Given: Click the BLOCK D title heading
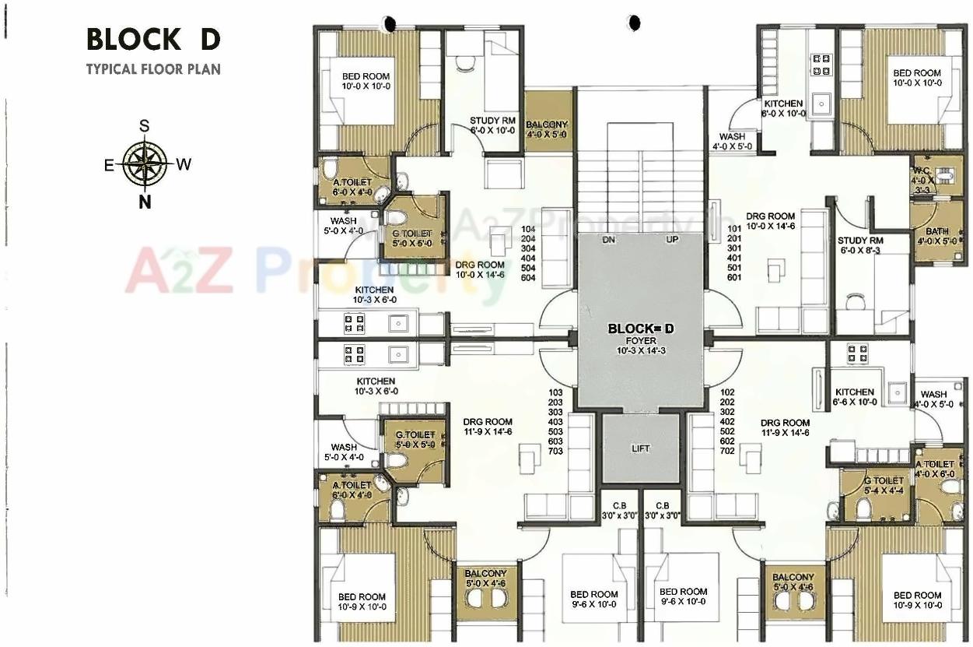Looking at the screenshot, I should pyautogui.click(x=153, y=39).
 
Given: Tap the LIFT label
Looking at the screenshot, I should pyautogui.click(x=640, y=448).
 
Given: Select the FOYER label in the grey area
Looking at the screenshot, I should pyautogui.click(x=640, y=340).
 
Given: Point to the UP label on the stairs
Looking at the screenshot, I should pyautogui.click(x=672, y=240).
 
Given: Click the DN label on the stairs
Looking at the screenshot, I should pyautogui.click(x=609, y=240).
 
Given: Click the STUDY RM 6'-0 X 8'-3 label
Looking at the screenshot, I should pyautogui.click(x=860, y=245).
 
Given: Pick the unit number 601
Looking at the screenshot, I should pyautogui.click(x=733, y=278).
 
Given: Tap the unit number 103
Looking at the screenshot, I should pyautogui.click(x=555, y=392).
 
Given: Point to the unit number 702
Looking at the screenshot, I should pyautogui.click(x=727, y=451).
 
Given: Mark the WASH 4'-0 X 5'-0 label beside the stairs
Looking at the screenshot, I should pyautogui.click(x=732, y=141).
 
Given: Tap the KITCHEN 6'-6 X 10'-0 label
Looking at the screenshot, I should pyautogui.click(x=855, y=396).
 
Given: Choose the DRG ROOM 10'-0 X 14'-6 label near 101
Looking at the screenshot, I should pyautogui.click(x=771, y=221).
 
